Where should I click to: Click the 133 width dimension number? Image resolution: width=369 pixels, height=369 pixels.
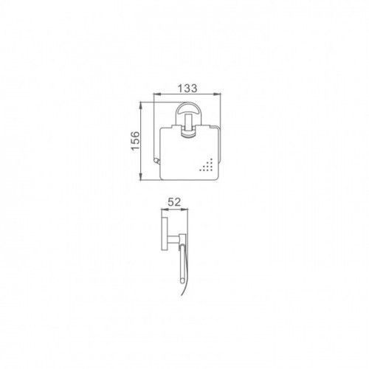click(187, 88)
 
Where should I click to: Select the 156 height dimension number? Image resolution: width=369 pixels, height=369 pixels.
click(135, 141)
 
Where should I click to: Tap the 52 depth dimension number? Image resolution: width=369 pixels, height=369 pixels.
click(174, 202)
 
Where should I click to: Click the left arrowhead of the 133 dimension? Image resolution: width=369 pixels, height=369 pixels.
click(157, 94)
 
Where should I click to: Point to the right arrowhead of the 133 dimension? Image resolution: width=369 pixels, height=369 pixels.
click(217, 94)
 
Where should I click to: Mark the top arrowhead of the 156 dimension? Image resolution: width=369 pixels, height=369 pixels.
click(141, 106)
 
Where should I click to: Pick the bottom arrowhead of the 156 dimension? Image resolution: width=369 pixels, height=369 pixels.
click(141, 176)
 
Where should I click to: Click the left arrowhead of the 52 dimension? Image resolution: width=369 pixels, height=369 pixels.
click(165, 210)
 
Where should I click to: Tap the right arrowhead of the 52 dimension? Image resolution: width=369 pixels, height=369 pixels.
click(184, 210)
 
